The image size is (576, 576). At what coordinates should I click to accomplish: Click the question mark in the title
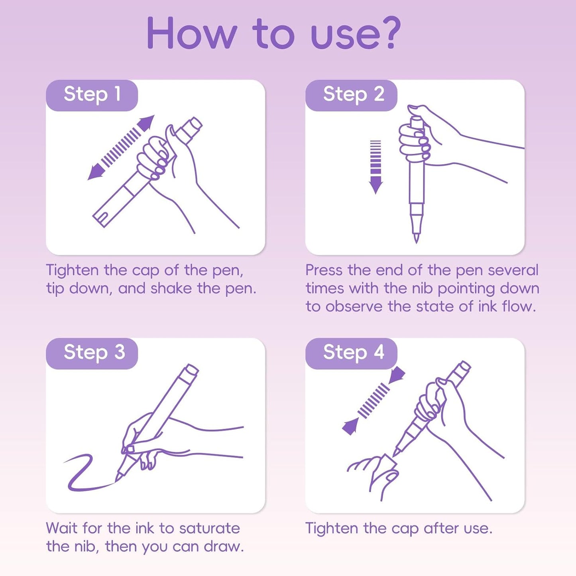coord(385,32)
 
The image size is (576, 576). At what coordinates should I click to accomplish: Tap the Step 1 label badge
coord(92,95)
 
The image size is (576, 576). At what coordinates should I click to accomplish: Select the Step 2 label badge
coord(351,95)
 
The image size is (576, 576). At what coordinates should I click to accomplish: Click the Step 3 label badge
coord(92,354)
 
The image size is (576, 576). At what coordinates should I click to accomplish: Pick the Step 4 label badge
coord(351,354)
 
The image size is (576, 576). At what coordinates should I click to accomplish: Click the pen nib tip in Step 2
coord(417,241)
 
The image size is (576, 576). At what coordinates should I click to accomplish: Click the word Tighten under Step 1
coord(72,271)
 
